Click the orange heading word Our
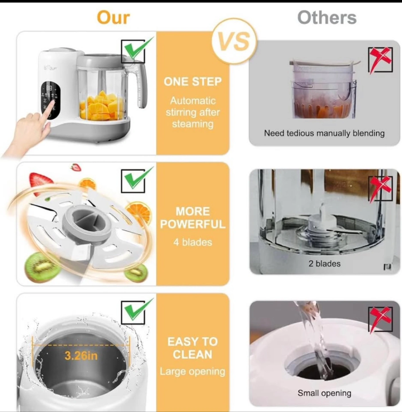pyautogui.click(x=113, y=18)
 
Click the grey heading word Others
pyautogui.click(x=327, y=18)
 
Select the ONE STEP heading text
pyautogui.click(x=193, y=82)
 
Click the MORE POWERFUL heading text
pyautogui.click(x=193, y=218)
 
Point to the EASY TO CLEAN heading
pyautogui.click(x=193, y=348)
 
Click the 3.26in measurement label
pyautogui.click(x=81, y=356)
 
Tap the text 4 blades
pyautogui.click(x=193, y=242)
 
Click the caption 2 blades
pyautogui.click(x=324, y=264)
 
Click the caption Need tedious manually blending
pyautogui.click(x=324, y=133)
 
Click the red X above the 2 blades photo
pyautogui.click(x=381, y=188)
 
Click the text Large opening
pyautogui.click(x=193, y=372)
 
